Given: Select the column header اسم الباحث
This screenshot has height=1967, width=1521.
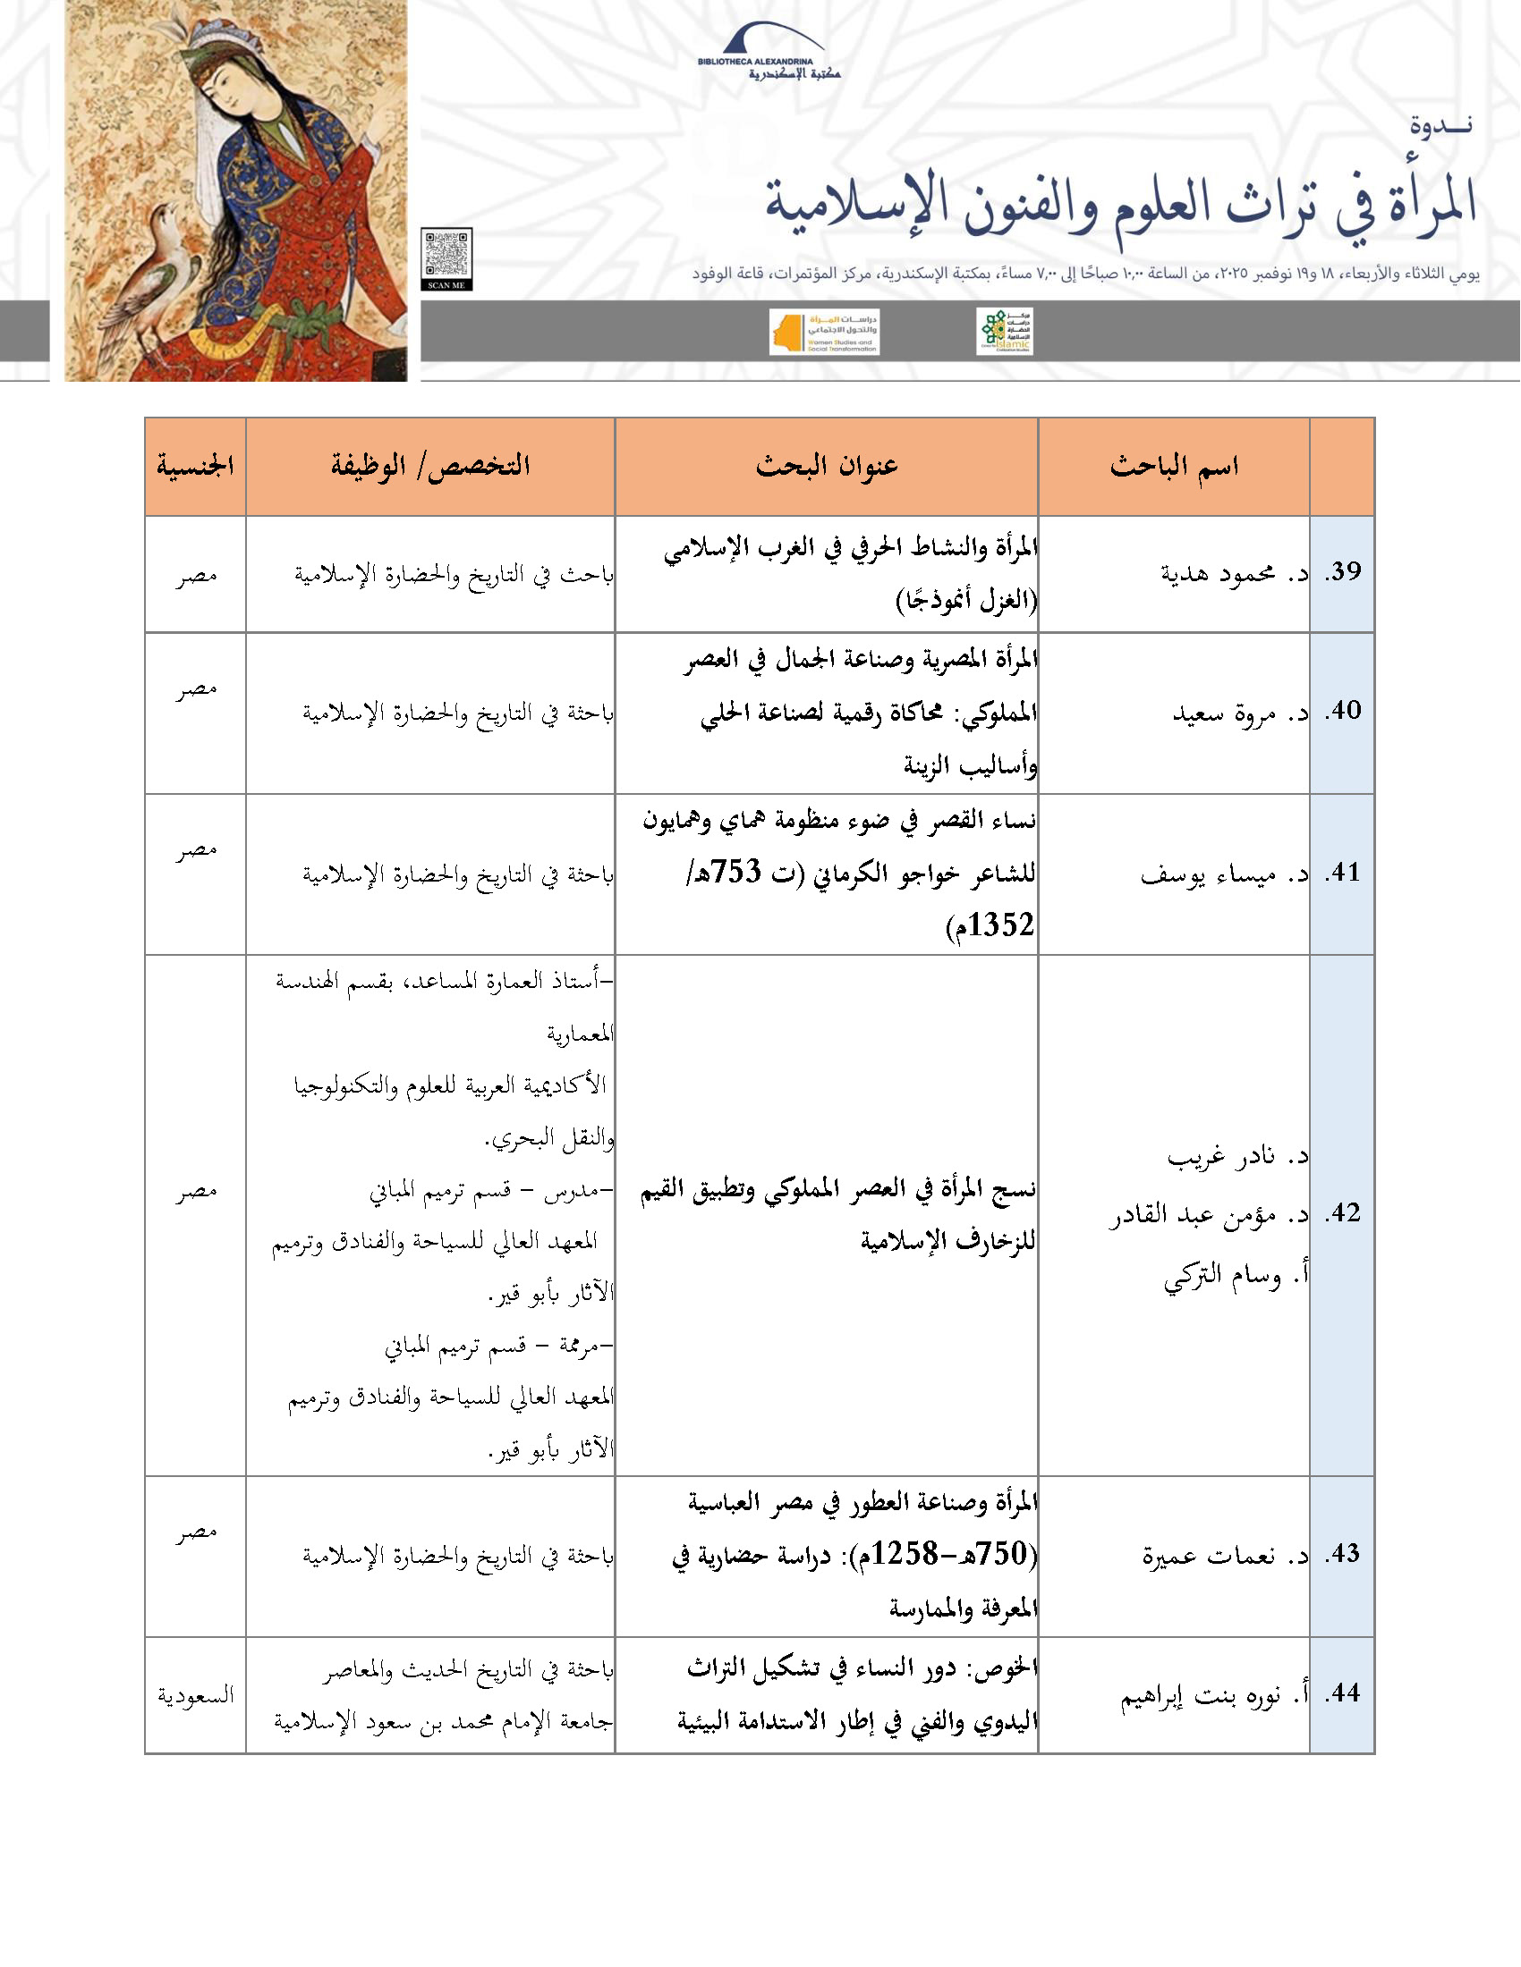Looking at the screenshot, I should [x=1173, y=467].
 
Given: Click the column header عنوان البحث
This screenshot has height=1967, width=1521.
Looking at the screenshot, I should [x=827, y=467].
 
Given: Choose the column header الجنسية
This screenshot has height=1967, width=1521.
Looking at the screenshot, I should [x=195, y=467].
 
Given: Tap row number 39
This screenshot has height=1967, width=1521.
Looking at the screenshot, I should [x=1342, y=572].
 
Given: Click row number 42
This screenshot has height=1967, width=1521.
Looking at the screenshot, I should [x=1342, y=1213].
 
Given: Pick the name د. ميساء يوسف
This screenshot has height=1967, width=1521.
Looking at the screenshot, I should [x=1224, y=874].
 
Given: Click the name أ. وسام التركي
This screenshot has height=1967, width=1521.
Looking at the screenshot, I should [x=1236, y=1276].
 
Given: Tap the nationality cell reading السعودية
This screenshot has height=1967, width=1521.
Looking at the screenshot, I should [x=196, y=1696].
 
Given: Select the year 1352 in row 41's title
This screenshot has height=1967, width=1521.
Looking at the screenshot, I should [x=1001, y=925].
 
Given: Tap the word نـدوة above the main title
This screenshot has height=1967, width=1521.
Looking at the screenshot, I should [x=1440, y=125].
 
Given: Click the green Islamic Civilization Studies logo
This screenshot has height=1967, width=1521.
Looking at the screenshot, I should [x=1004, y=332].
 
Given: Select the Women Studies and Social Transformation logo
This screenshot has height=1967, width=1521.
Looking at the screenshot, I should [x=823, y=333].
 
